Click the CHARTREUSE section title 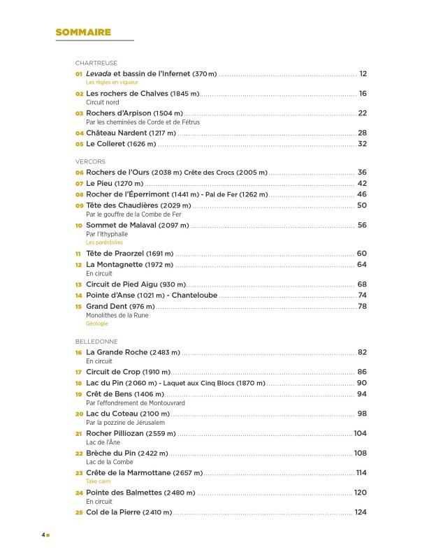click(96, 63)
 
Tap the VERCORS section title click(90, 161)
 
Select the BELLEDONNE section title click(96, 342)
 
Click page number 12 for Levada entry click(363, 73)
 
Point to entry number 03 click(80, 113)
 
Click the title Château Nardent click(116, 133)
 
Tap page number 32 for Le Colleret click(362, 144)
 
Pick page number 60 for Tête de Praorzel click(362, 254)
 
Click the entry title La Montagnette click(114, 265)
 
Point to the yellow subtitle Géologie click(97, 324)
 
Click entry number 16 click(79, 353)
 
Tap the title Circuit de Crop click(113, 372)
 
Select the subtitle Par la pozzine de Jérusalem click(125, 423)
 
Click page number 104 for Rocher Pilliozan click(360, 434)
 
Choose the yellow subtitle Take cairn click(99, 481)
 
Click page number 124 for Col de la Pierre click(361, 512)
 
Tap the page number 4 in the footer click(43, 535)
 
